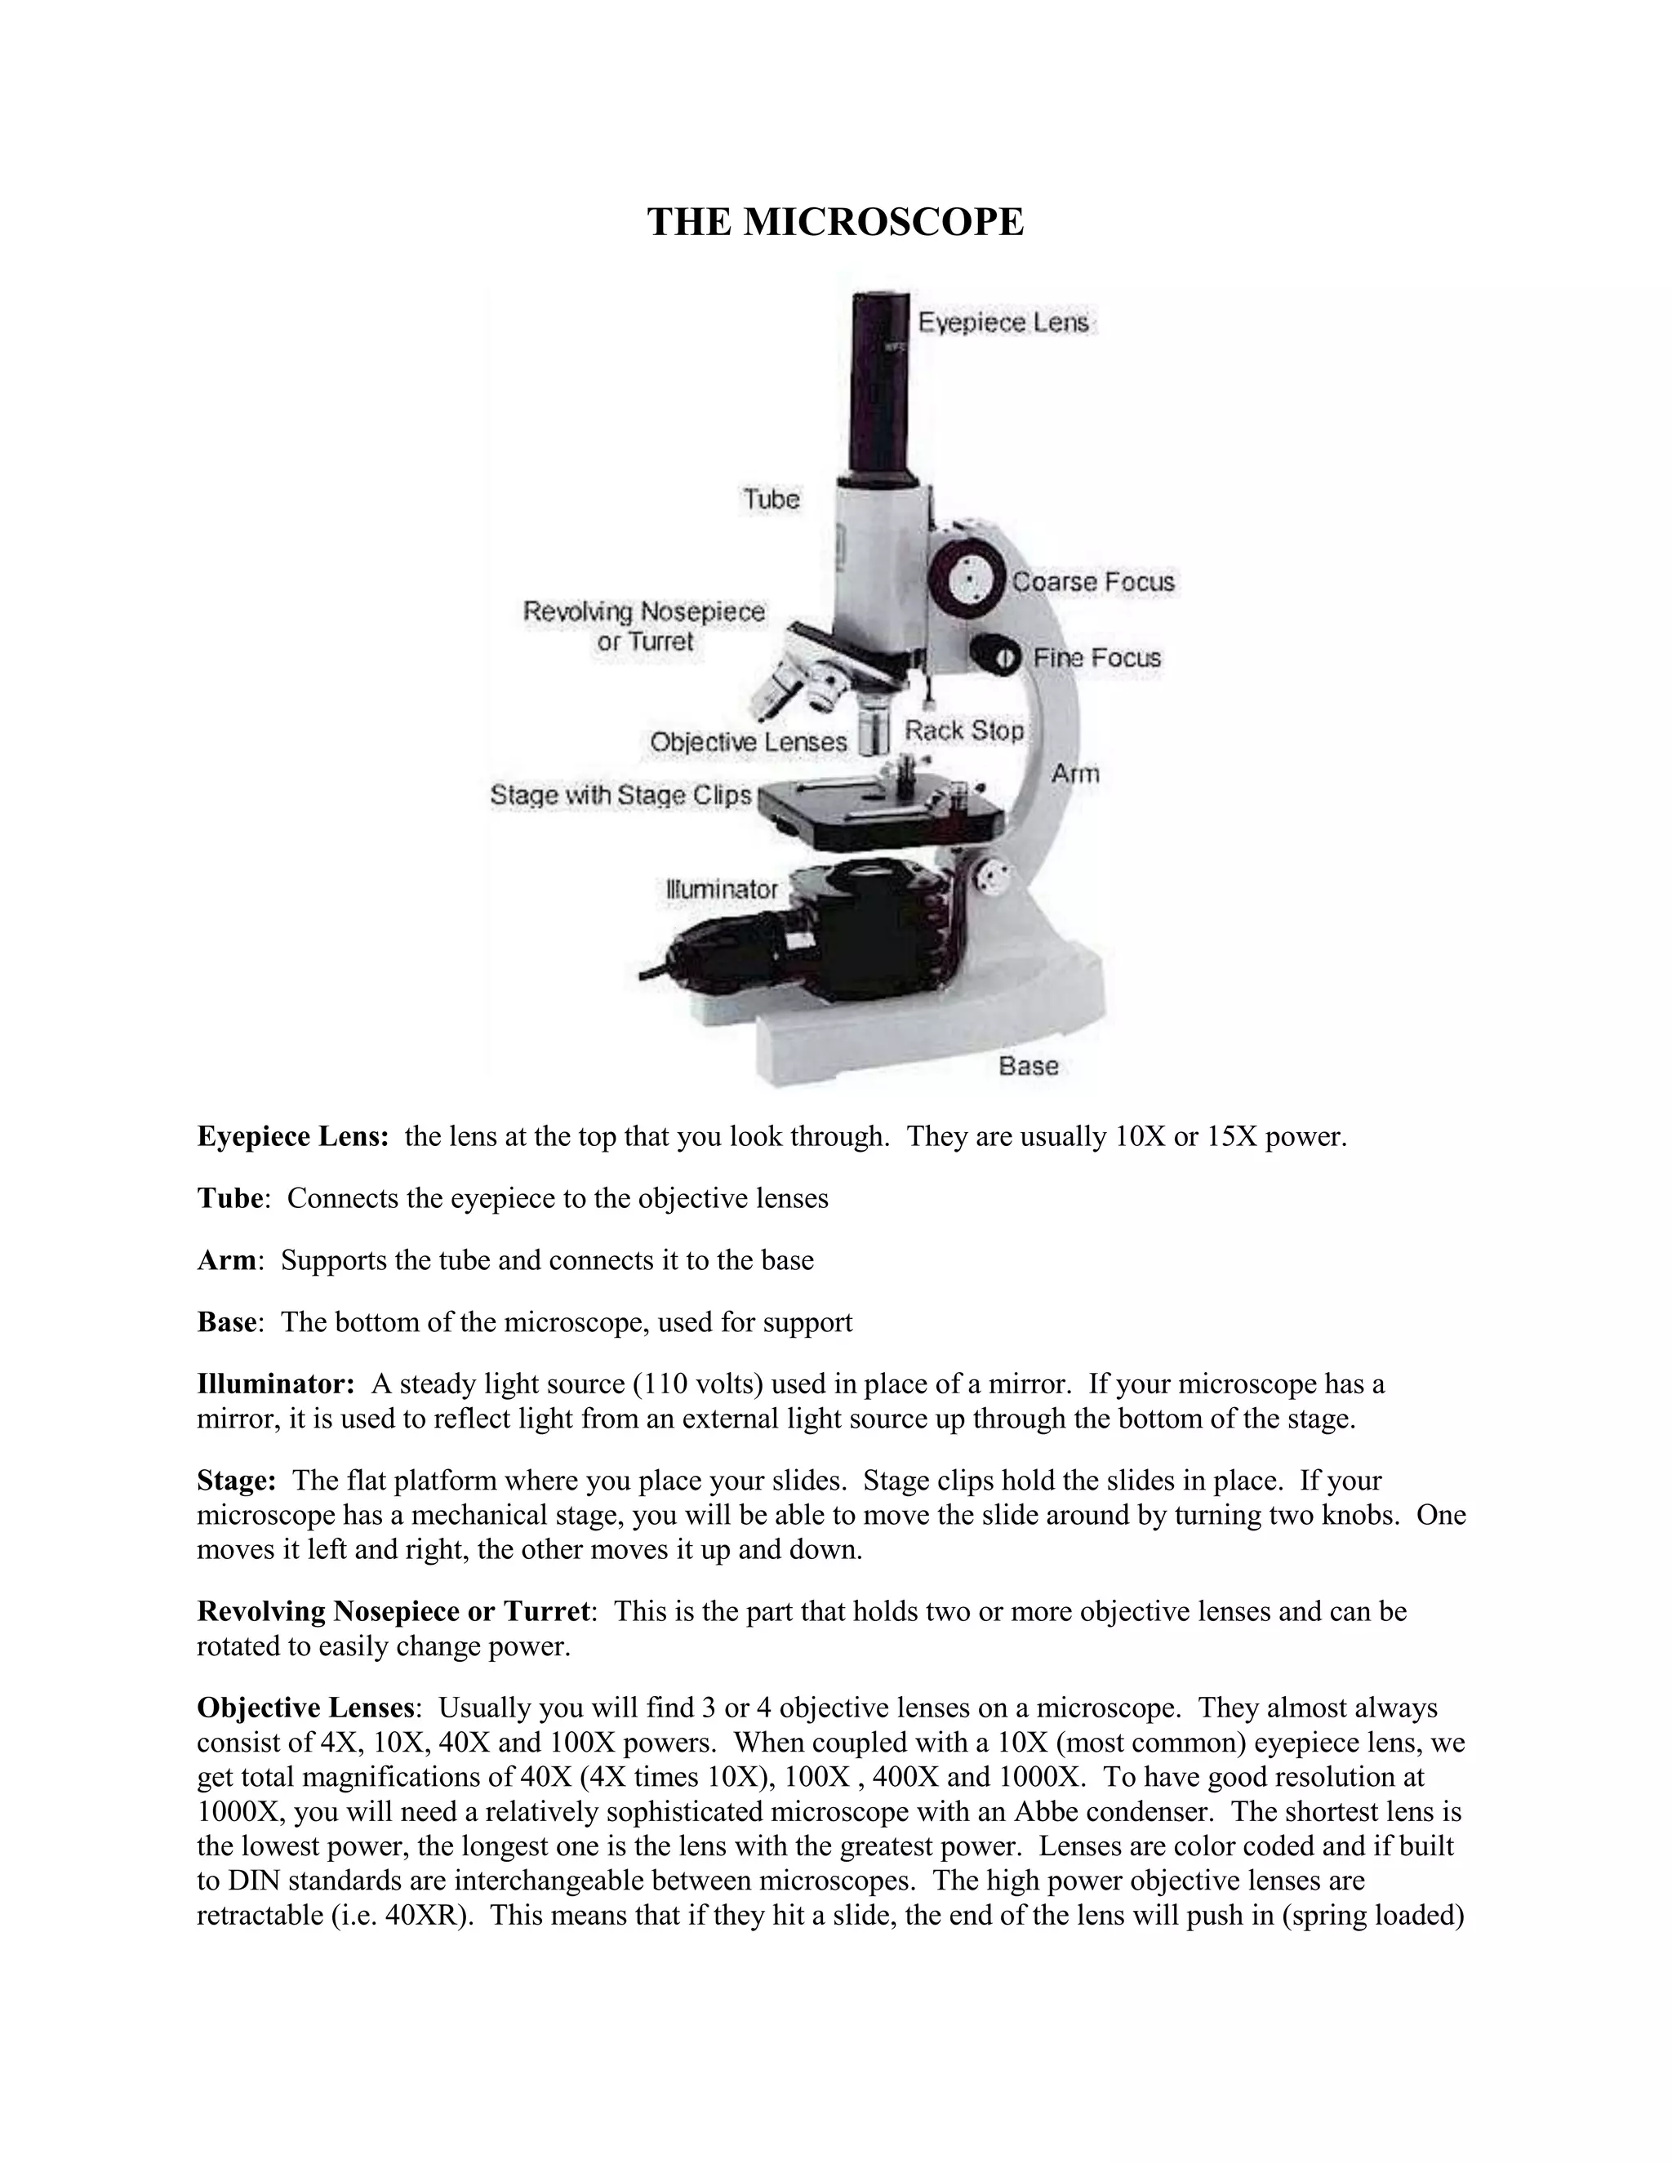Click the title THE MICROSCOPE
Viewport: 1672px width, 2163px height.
[835, 222]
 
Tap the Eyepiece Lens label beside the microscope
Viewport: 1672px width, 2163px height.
[1003, 323]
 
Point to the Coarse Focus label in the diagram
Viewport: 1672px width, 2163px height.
[1092, 581]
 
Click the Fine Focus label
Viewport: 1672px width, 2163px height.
[1096, 658]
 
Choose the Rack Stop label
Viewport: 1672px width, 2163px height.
[964, 731]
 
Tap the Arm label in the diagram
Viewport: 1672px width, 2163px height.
[1074, 774]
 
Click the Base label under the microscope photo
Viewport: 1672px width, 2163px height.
[1028, 1066]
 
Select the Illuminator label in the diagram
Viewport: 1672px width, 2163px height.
[721, 890]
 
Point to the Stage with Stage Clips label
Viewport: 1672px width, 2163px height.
[621, 795]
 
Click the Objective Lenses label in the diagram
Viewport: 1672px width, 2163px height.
[748, 742]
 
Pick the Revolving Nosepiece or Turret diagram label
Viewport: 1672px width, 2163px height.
[644, 626]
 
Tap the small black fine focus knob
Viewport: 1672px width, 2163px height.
[995, 655]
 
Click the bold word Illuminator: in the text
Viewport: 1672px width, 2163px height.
[275, 1384]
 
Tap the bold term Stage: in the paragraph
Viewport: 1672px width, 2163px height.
[236, 1481]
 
